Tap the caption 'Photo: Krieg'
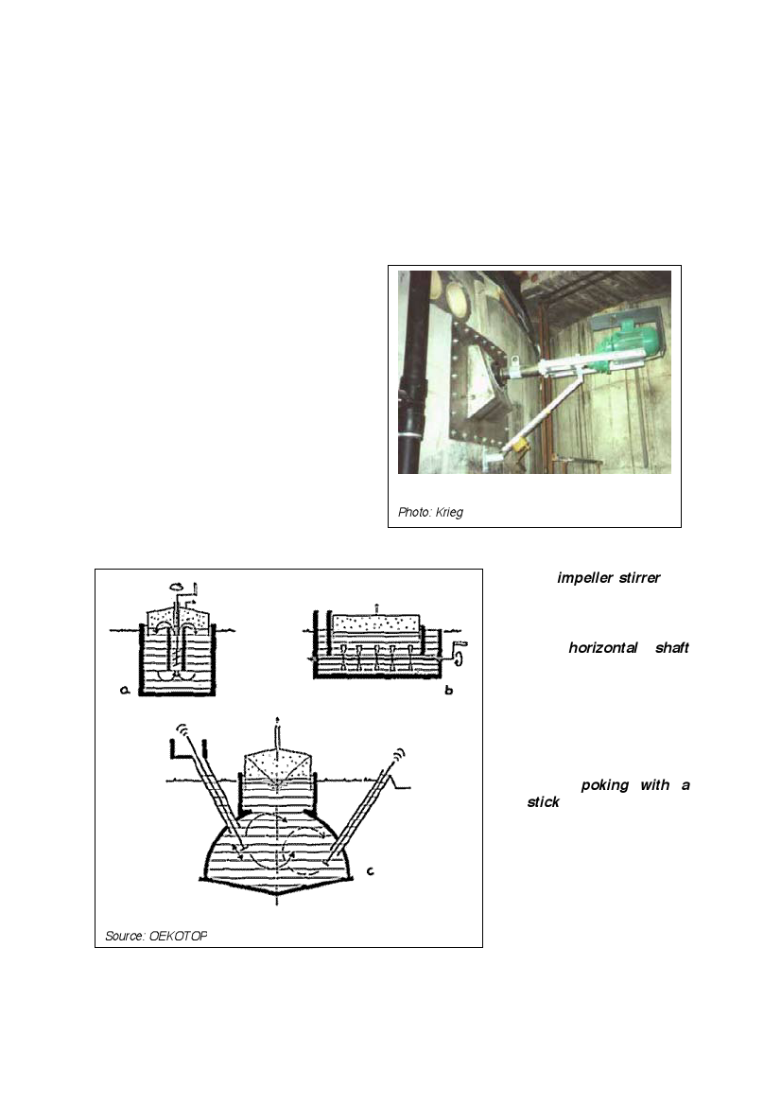430,512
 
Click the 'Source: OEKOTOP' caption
156,936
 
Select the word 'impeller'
584,578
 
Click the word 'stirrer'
639,578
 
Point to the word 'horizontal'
602,647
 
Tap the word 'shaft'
671,647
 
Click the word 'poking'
605,786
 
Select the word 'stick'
543,802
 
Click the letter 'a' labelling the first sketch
125,691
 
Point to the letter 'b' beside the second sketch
448,690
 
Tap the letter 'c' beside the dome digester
370,871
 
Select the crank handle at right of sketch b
459,654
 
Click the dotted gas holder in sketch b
375,623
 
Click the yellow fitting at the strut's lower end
519,447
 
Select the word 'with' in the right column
655,785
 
